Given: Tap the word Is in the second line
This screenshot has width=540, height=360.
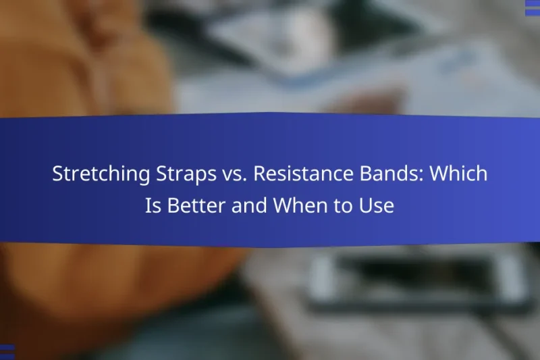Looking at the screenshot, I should tap(153, 206).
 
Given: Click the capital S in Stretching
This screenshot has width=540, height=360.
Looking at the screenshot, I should tap(57, 174).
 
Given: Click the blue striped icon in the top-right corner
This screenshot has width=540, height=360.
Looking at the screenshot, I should tap(532, 7).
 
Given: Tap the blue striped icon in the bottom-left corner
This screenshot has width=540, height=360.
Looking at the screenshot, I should tap(7, 352).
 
